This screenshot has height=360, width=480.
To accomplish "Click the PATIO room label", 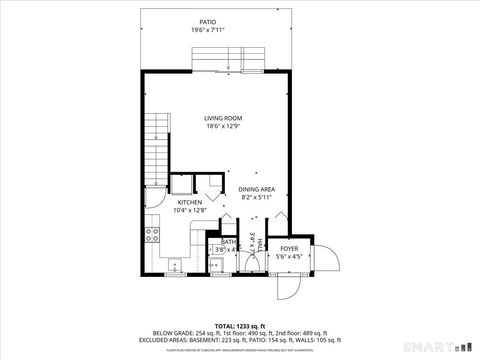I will [x=207, y=21].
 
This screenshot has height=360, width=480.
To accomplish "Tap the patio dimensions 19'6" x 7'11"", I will [x=207, y=30].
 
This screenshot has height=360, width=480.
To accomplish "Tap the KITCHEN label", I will [x=191, y=202].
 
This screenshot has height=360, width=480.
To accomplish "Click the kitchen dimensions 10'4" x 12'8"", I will [x=191, y=210].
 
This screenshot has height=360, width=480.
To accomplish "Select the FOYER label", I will [x=289, y=248].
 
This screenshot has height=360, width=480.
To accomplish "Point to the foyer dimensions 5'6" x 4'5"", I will [x=289, y=256].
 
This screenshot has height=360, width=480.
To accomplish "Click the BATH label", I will [x=228, y=241].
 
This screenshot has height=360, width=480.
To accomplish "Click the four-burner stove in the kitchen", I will [x=153, y=236].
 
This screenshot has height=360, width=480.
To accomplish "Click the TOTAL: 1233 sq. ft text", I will [x=239, y=327].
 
